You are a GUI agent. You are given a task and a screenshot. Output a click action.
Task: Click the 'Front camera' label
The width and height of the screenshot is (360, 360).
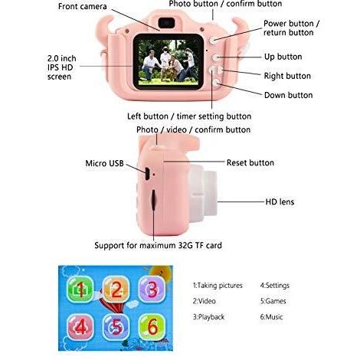[82, 6]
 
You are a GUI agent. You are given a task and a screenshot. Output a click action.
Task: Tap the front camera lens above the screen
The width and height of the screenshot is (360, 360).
[166, 23]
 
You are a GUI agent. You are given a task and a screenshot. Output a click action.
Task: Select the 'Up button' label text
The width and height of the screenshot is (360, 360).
[283, 57]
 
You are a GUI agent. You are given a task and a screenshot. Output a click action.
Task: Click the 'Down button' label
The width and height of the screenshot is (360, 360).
[288, 95]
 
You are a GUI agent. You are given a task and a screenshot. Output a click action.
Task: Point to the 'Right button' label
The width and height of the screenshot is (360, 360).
[287, 76]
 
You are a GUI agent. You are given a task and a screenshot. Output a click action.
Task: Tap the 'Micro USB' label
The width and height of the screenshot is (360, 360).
[104, 163]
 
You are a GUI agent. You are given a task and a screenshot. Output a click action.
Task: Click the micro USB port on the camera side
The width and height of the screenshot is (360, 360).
[147, 174]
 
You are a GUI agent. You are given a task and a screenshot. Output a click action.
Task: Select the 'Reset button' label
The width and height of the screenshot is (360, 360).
[250, 162]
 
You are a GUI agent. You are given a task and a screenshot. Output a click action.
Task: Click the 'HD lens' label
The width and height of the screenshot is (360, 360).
[280, 201]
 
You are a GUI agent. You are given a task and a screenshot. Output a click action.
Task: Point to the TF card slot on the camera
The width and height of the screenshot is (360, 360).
[154, 200]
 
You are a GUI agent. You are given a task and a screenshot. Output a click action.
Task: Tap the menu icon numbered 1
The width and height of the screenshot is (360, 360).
[80, 290]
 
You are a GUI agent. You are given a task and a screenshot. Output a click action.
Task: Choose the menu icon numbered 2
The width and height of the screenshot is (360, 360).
[116, 290]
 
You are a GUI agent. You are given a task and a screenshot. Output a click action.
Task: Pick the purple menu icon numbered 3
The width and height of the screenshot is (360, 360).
[152, 289]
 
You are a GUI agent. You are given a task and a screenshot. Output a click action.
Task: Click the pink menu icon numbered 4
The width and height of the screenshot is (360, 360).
[80, 326]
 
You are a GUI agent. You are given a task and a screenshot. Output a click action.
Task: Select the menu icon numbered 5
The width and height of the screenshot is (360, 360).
[116, 326]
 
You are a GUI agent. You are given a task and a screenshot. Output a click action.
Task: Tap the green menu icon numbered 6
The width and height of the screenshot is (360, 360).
[152, 326]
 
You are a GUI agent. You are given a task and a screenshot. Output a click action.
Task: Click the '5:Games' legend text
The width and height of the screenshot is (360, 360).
[273, 301]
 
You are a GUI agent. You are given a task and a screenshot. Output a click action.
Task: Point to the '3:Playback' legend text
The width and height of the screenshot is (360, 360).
[208, 317]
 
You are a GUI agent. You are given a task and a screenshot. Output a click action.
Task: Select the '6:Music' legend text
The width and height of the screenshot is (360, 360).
[271, 317]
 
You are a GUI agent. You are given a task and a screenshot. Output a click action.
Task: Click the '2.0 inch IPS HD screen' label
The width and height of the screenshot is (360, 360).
[61, 67]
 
